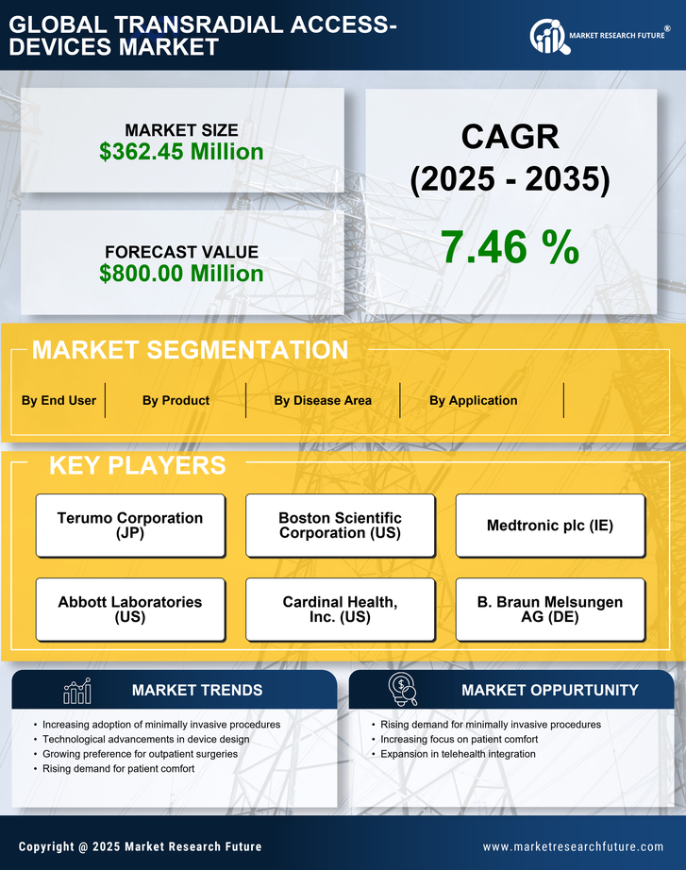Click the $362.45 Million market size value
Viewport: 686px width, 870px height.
click(181, 152)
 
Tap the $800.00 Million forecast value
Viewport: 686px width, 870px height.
click(181, 274)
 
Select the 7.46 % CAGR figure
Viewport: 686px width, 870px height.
click(510, 247)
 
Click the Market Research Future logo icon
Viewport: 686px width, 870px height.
click(548, 37)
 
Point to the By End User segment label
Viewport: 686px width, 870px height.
click(59, 400)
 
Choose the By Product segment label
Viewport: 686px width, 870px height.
click(176, 400)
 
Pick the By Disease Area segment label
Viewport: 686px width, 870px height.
click(323, 400)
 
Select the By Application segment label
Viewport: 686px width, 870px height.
click(473, 400)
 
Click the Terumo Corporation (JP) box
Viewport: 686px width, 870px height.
click(130, 526)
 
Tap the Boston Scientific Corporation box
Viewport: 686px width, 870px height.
click(340, 526)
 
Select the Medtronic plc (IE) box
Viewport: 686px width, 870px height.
click(550, 526)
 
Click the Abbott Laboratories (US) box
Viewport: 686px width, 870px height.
click(130, 610)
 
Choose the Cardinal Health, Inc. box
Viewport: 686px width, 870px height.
click(340, 610)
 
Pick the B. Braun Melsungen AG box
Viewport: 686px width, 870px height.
click(550, 610)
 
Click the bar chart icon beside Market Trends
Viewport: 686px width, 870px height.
click(77, 691)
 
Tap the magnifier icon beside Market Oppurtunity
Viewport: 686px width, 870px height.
click(402, 689)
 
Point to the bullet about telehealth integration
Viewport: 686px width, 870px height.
click(458, 754)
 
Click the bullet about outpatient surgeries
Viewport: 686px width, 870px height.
click(140, 754)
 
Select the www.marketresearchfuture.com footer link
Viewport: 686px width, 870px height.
click(573, 846)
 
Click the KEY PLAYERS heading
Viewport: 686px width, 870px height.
click(137, 465)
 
